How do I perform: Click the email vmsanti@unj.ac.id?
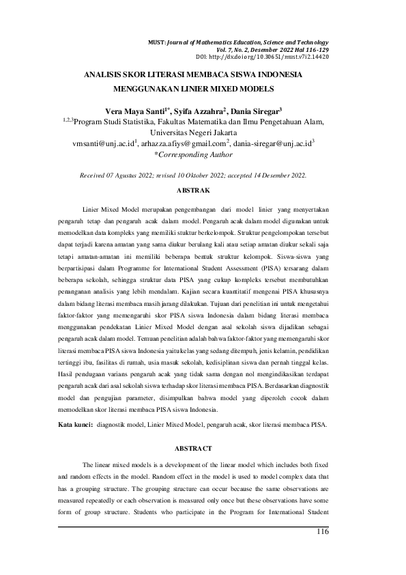point(105,144)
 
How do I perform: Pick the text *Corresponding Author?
point(193,156)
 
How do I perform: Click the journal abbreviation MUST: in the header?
point(156,42)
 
